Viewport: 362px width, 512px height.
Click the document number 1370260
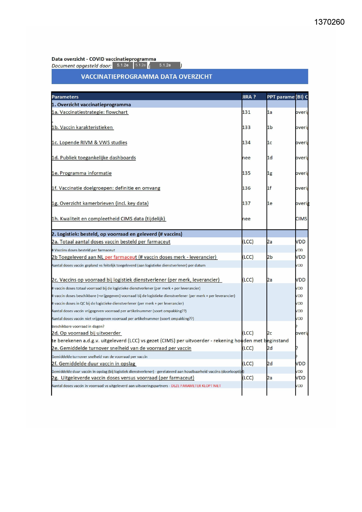tap(329, 22)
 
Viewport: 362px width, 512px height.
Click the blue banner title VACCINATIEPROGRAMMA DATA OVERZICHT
tap(146, 77)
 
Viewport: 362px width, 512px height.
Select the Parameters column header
tap(65, 97)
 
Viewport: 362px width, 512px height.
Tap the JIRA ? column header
tap(249, 97)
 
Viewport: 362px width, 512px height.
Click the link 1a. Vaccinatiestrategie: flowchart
tap(90, 112)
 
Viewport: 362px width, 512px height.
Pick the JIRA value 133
tap(246, 128)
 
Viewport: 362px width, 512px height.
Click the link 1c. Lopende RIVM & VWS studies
tap(90, 143)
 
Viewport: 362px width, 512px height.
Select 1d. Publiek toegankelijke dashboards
tap(94, 158)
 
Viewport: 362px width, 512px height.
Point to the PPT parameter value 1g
tap(270, 173)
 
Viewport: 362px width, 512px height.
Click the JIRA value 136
tap(246, 188)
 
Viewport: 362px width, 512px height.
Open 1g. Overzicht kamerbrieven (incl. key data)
tap(100, 203)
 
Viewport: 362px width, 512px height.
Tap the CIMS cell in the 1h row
tap(301, 219)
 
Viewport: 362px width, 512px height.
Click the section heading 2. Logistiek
tap(117, 234)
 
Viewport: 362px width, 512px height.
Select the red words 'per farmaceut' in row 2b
tap(121, 257)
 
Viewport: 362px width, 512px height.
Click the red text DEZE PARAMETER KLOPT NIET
tap(196, 386)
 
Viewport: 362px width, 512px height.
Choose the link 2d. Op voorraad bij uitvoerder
tap(86, 333)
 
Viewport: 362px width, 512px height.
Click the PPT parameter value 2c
tap(270, 333)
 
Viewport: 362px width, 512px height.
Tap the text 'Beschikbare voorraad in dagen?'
tap(78, 326)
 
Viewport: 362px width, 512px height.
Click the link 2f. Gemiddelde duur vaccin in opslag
tap(94, 364)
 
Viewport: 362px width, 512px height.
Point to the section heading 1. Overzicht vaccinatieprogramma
tap(91, 105)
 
